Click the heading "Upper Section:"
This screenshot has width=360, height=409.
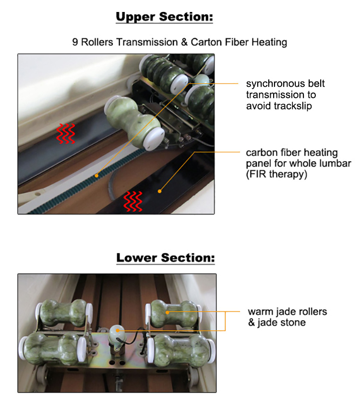tap(164, 17)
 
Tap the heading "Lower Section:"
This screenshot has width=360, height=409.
tap(165, 257)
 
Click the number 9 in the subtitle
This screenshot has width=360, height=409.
tap(75, 42)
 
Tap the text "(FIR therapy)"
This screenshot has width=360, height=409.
tap(276, 175)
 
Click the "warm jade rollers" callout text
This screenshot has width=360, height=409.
tap(287, 312)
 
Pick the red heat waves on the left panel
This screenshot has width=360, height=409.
tap(67, 133)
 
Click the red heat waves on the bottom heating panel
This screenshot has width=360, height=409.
tap(132, 200)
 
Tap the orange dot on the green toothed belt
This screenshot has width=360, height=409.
tap(96, 175)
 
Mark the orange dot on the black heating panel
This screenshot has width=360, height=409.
tap(160, 191)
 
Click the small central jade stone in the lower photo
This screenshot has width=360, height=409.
tap(116, 332)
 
